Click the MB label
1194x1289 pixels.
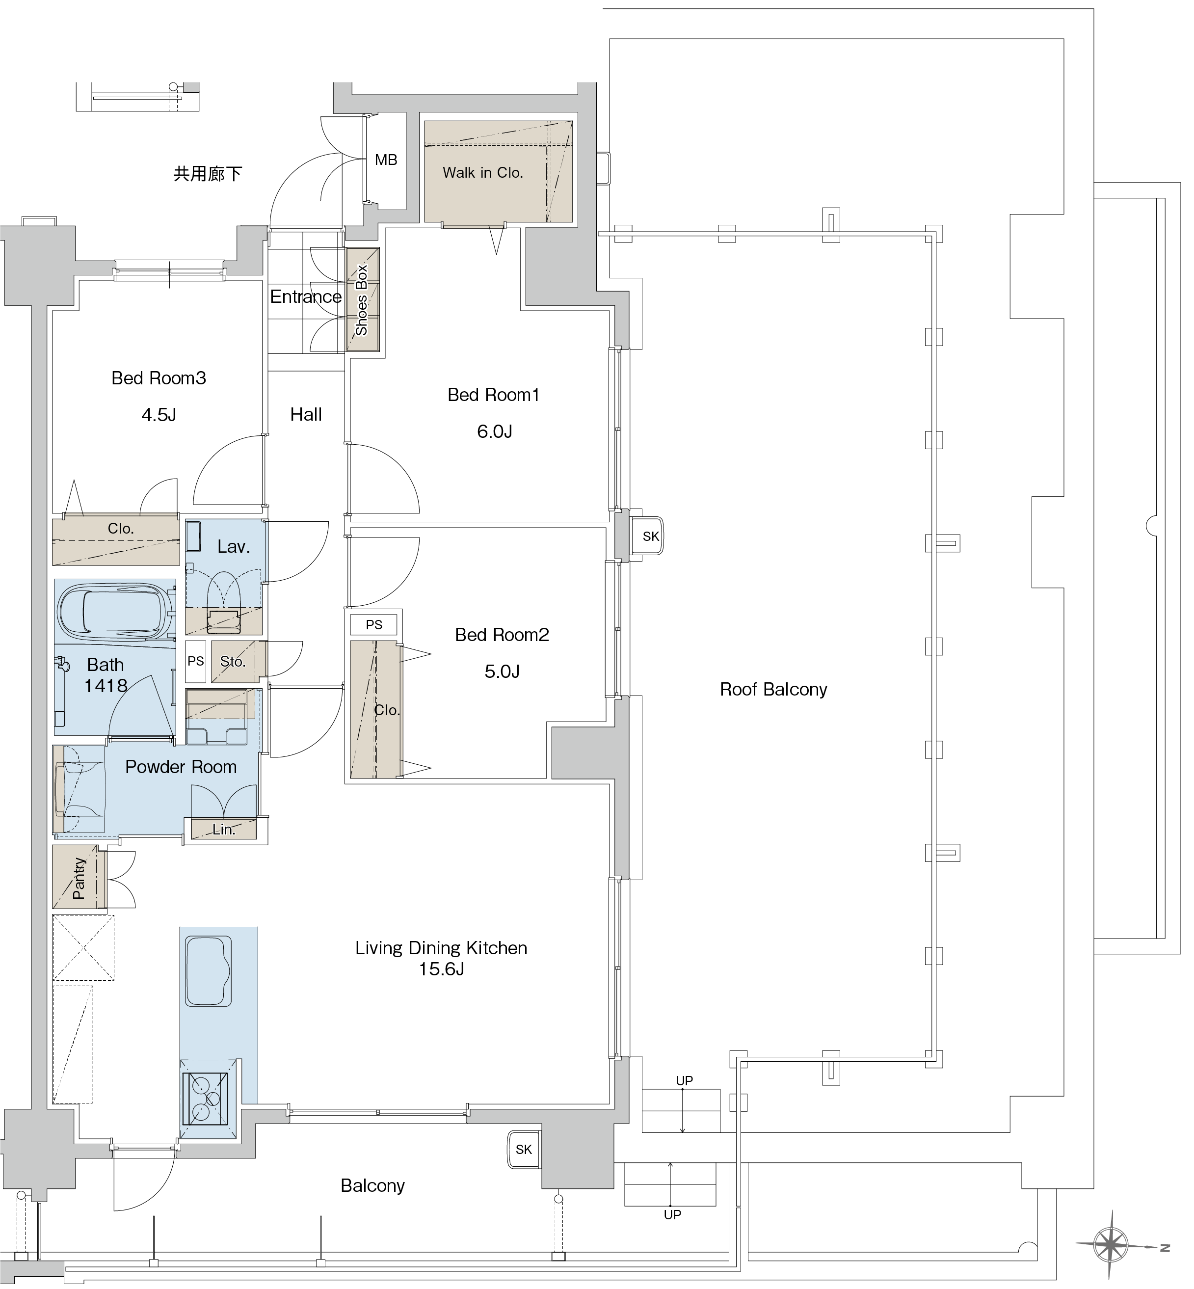pos(386,160)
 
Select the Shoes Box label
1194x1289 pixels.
pos(361,300)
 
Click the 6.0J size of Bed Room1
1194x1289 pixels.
pos(494,431)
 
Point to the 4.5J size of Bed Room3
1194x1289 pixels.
pos(159,414)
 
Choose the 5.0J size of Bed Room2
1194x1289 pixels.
pos(502,671)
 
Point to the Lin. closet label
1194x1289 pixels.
pos(224,829)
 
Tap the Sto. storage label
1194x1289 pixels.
pos(233,661)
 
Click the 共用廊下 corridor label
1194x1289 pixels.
pos(208,173)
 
